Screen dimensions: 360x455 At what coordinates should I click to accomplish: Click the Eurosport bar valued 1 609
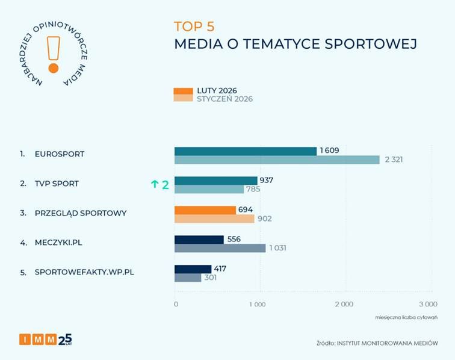(246, 151)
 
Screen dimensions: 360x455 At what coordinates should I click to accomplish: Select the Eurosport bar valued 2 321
(277, 160)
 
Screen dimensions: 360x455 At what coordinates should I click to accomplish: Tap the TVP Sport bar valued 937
(216, 181)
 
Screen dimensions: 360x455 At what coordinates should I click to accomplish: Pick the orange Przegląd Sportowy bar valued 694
(205, 210)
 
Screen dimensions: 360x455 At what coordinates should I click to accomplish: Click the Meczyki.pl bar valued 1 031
(220, 248)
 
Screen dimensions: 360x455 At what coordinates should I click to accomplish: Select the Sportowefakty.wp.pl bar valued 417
(193, 268)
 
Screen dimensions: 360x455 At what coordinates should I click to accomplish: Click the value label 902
(265, 219)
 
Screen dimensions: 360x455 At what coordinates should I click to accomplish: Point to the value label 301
(210, 278)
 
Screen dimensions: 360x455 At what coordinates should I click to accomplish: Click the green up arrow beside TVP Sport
(154, 185)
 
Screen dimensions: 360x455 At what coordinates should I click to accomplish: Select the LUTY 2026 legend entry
(212, 91)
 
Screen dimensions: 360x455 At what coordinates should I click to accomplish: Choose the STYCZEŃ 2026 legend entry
(214, 99)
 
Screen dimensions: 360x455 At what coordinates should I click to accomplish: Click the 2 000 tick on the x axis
(343, 305)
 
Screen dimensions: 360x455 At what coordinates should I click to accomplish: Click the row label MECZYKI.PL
(58, 243)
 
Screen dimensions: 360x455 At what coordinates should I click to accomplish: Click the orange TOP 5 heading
(194, 26)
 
